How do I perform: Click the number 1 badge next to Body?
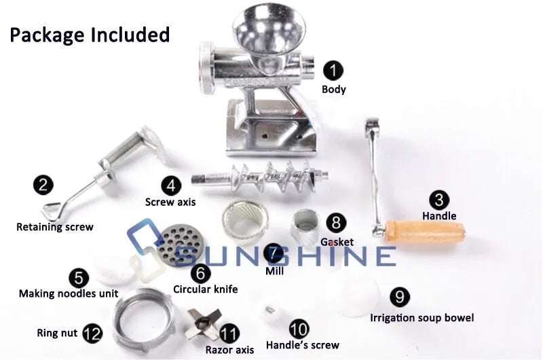(333, 70)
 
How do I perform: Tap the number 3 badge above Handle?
(439, 200)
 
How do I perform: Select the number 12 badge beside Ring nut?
(92, 333)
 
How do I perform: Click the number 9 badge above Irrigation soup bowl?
(400, 297)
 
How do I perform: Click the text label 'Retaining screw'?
(55, 227)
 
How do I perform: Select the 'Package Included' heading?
(90, 34)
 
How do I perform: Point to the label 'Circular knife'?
(205, 290)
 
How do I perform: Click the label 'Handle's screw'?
(302, 345)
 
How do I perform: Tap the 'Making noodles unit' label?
(68, 293)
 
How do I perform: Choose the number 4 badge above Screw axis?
(171, 185)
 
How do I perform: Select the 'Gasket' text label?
(334, 241)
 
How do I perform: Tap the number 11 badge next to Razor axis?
(230, 333)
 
